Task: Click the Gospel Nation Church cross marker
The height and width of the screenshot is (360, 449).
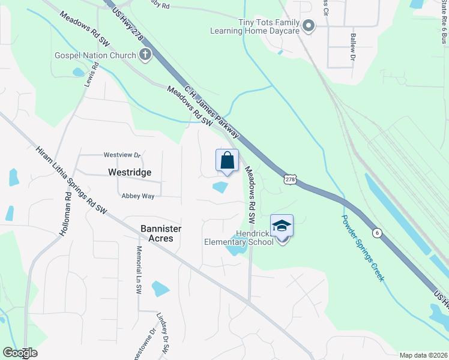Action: (x=145, y=55)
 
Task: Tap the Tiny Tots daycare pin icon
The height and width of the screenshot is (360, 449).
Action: (x=309, y=25)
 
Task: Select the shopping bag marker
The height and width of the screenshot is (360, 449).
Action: (x=227, y=161)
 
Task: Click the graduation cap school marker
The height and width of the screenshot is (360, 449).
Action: (x=282, y=226)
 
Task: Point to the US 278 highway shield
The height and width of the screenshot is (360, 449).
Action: (x=290, y=180)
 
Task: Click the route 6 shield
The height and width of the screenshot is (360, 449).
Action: (x=376, y=233)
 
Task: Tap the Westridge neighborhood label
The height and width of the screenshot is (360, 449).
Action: (x=129, y=172)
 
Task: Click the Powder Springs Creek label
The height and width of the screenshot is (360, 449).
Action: (x=362, y=248)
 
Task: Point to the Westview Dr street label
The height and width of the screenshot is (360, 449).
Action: (x=122, y=154)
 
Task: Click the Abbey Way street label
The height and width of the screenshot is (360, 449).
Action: (x=138, y=196)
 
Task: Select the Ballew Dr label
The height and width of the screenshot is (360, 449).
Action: (x=352, y=46)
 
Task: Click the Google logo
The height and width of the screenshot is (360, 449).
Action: (x=20, y=353)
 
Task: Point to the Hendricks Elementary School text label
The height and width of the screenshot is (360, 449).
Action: (x=241, y=238)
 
